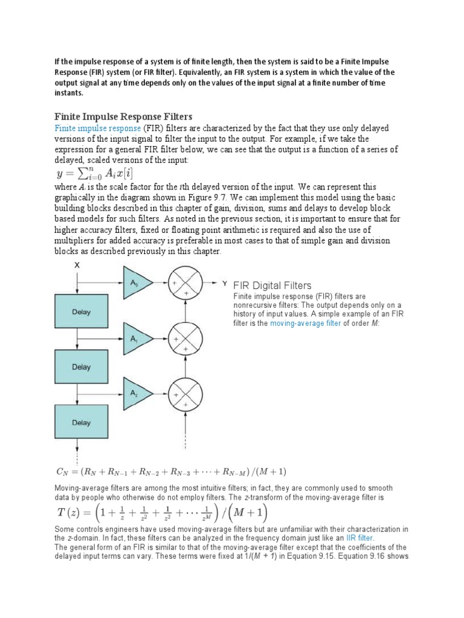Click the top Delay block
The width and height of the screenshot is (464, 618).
click(x=81, y=313)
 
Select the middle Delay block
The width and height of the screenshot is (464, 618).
click(x=81, y=367)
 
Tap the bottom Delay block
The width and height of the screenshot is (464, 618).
click(x=81, y=422)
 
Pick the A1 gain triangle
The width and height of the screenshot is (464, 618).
click(x=135, y=339)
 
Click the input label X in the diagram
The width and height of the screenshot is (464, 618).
click(x=77, y=265)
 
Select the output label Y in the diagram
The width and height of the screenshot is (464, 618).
click(x=225, y=283)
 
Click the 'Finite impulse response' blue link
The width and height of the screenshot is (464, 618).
click(x=97, y=129)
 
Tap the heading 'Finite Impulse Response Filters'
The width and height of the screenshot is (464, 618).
click(x=123, y=116)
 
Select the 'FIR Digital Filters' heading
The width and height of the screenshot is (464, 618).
click(x=272, y=285)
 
